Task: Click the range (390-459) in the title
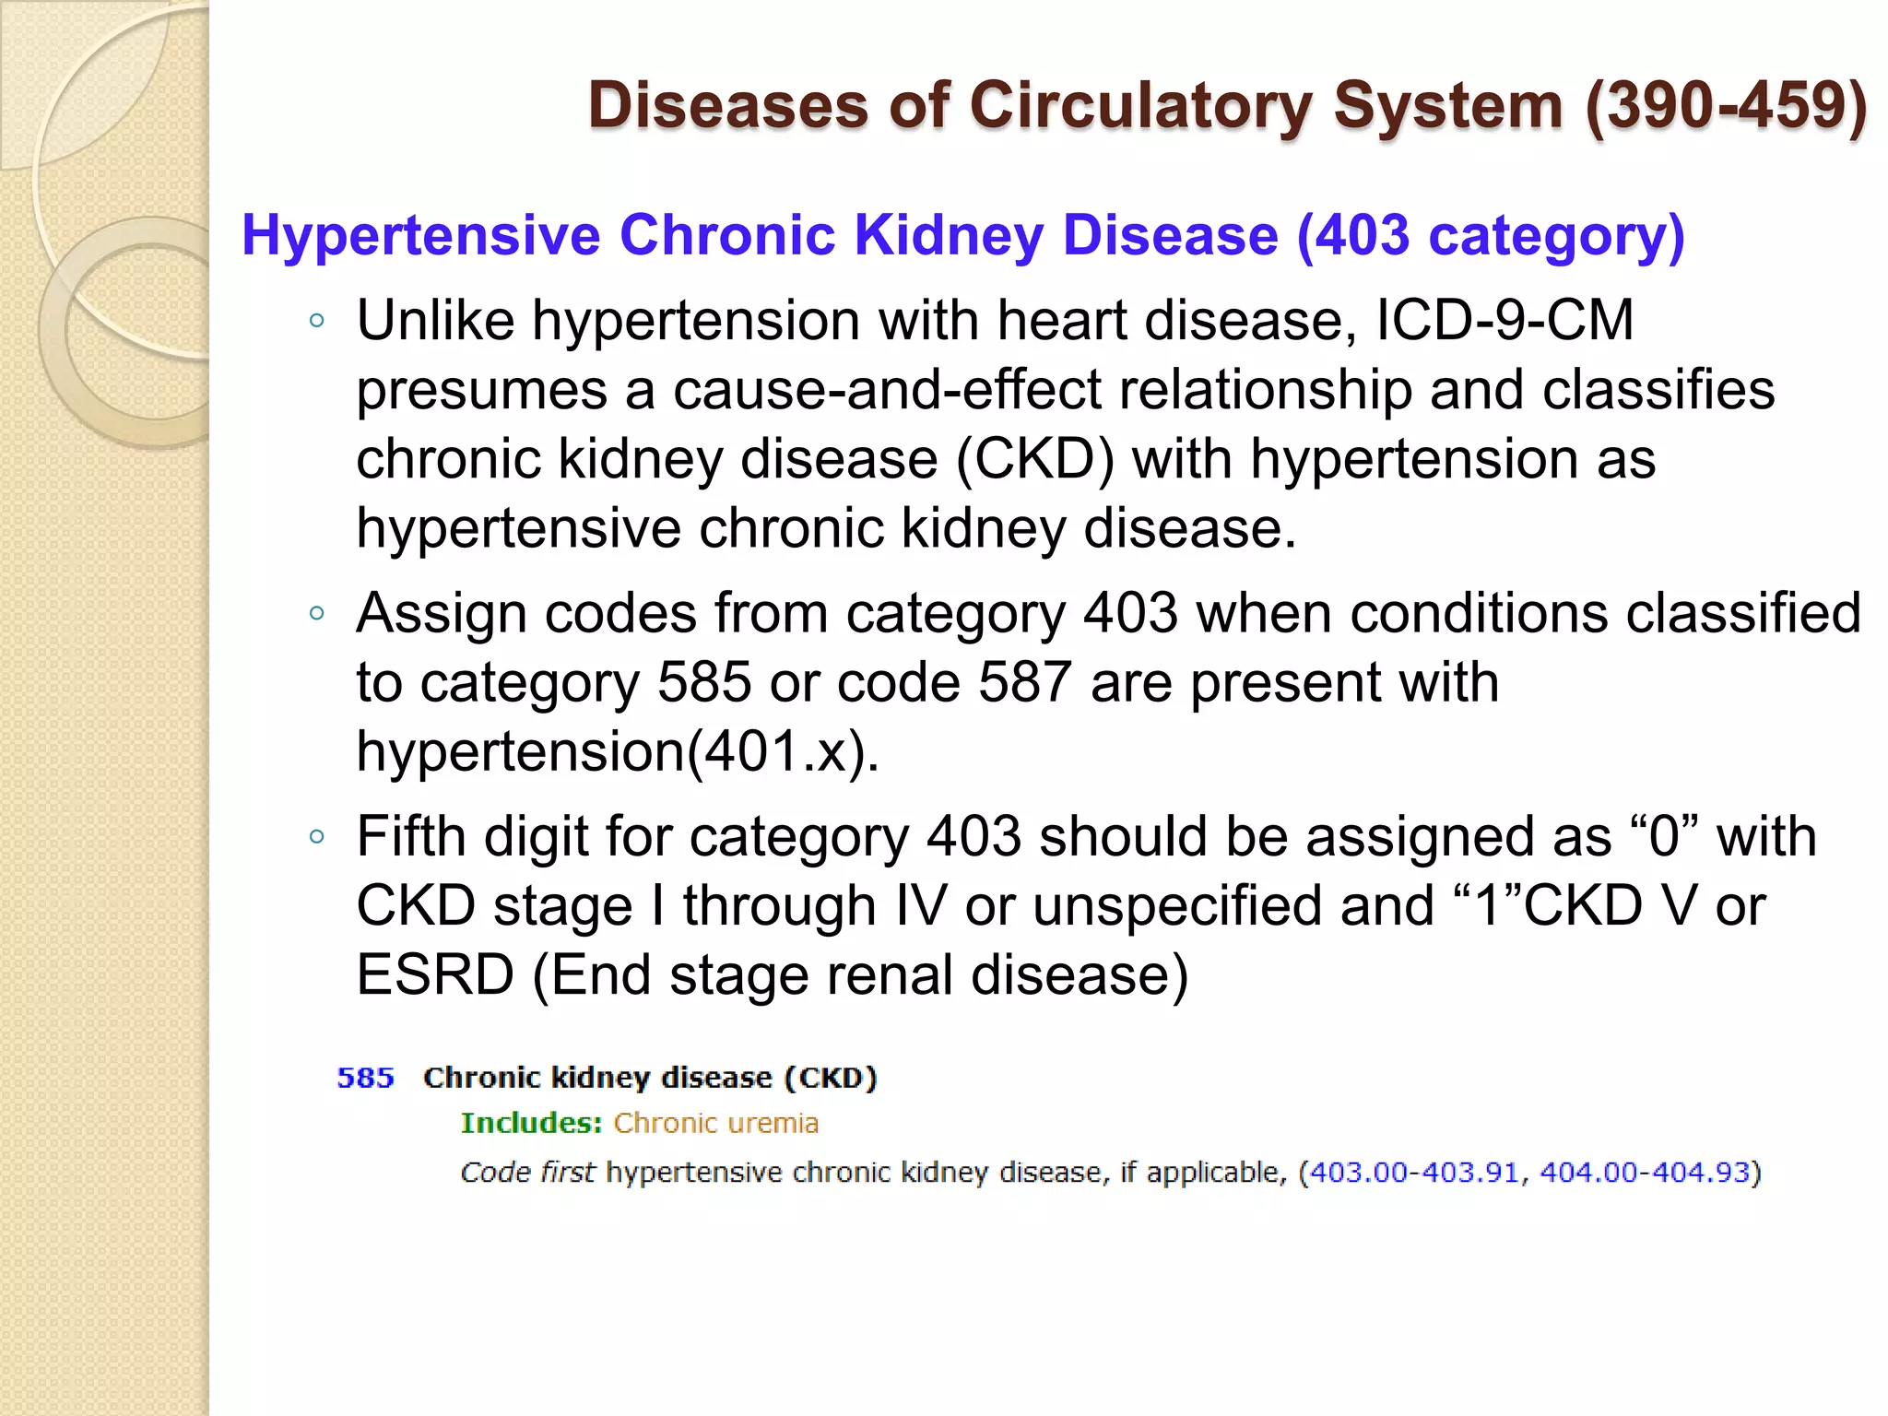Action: point(1726,105)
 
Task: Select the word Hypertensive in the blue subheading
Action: point(421,235)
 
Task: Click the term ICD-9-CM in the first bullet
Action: point(1504,320)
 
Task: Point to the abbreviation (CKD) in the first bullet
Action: point(1035,458)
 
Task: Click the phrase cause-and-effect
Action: point(887,389)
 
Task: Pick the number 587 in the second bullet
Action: point(1024,682)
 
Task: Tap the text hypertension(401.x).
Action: point(618,751)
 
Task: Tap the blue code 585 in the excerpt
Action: point(365,1078)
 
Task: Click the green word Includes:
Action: point(531,1123)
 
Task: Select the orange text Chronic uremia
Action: point(716,1123)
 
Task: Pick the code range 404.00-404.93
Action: point(1645,1173)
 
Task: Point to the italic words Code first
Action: point(527,1173)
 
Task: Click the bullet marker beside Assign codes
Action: point(317,614)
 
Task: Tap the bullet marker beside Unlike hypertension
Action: point(317,321)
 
